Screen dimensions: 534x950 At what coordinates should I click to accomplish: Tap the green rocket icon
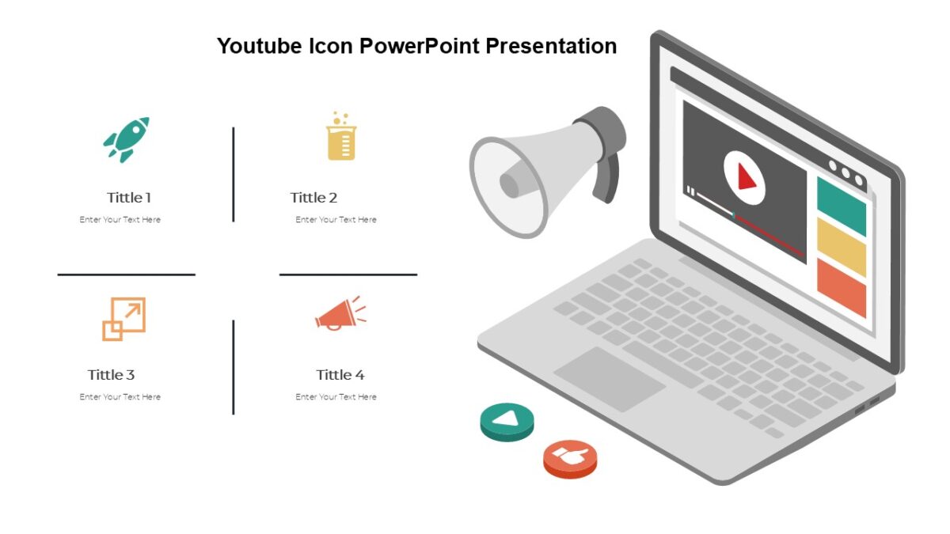pyautogui.click(x=127, y=139)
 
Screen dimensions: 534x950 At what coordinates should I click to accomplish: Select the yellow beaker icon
pyautogui.click(x=341, y=137)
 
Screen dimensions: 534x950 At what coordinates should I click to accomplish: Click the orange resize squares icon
pyautogui.click(x=124, y=319)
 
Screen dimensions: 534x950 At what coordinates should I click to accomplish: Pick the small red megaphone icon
pyautogui.click(x=340, y=314)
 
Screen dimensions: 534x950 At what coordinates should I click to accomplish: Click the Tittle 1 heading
pyautogui.click(x=128, y=198)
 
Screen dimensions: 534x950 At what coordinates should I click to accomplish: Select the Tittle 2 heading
pyautogui.click(x=313, y=198)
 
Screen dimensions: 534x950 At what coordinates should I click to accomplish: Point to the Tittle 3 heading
pyautogui.click(x=111, y=375)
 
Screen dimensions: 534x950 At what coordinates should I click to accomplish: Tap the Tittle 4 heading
pyautogui.click(x=340, y=375)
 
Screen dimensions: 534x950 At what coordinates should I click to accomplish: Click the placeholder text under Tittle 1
pyautogui.click(x=120, y=220)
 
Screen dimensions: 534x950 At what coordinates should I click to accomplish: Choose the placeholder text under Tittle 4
pyautogui.click(x=336, y=397)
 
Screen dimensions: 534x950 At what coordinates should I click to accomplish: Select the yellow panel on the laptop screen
pyautogui.click(x=841, y=248)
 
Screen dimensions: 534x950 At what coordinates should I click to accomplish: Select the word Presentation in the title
pyautogui.click(x=551, y=46)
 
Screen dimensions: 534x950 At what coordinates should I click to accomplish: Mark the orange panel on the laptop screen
pyautogui.click(x=841, y=287)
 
